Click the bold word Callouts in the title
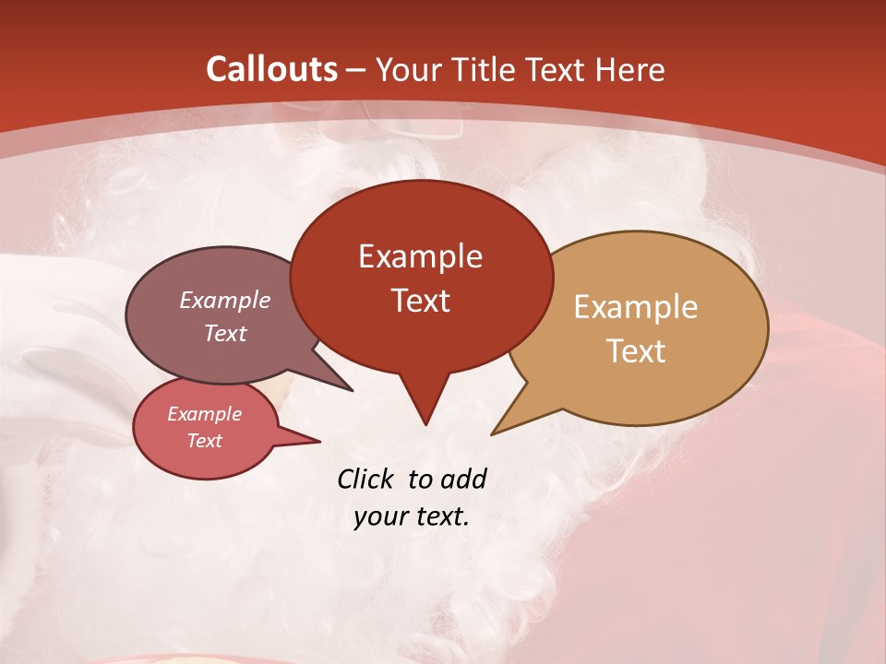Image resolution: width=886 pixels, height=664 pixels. [271, 69]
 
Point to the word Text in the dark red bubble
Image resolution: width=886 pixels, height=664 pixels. [420, 300]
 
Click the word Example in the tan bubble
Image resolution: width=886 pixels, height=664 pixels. [636, 306]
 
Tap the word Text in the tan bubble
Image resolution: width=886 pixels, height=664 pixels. [636, 350]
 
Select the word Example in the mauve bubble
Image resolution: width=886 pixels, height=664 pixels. [224, 300]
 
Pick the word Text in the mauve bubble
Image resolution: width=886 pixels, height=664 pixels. [224, 333]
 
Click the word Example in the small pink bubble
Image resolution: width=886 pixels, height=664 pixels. [204, 414]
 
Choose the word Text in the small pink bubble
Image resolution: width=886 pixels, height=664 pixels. [204, 441]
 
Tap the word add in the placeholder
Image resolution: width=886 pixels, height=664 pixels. [463, 479]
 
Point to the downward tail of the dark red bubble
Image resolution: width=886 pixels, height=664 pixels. [425, 410]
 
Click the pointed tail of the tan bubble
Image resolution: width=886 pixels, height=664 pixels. [503, 426]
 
